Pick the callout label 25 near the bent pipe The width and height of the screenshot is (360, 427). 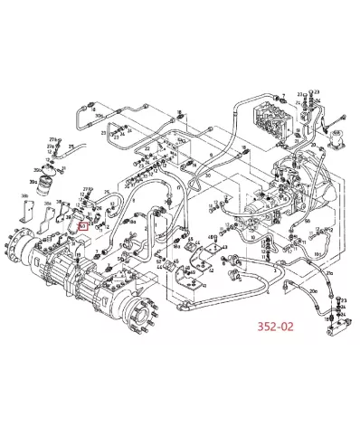point(107,191)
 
